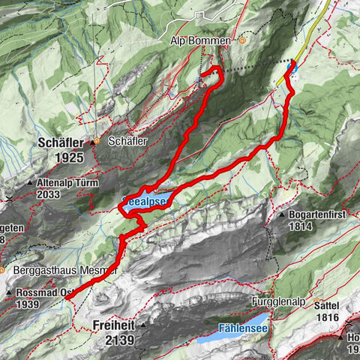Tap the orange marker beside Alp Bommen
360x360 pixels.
tap(242, 40)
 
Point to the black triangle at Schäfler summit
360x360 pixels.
tap(96, 141)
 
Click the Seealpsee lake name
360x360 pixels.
tap(148, 202)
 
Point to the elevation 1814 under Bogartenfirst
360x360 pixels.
tap(305, 226)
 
